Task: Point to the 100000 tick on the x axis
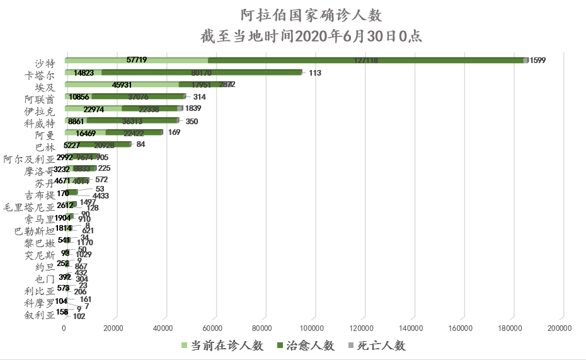(312, 328)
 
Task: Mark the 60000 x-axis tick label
(212, 328)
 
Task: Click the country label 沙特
(45, 62)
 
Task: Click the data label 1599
(537, 61)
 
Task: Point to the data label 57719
(137, 60)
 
